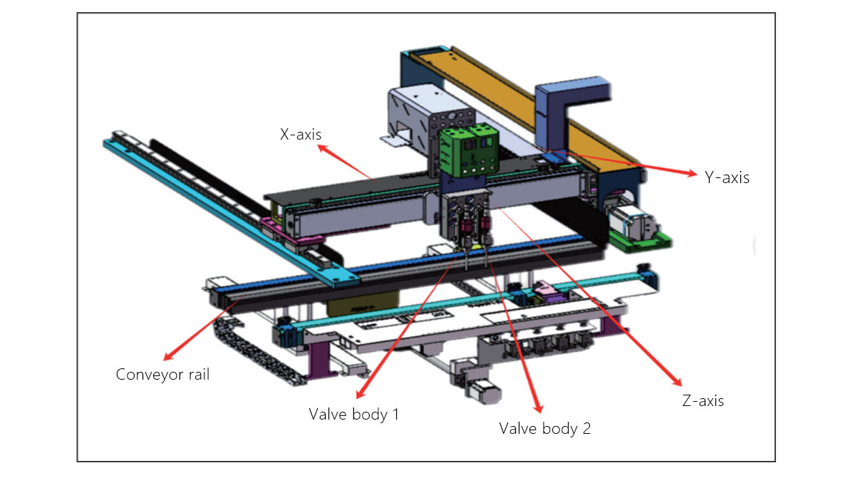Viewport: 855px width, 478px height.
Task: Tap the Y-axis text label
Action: pyautogui.click(x=727, y=178)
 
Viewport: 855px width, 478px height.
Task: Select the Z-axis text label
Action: pyautogui.click(x=702, y=401)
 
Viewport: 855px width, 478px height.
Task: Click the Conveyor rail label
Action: pyautogui.click(x=162, y=374)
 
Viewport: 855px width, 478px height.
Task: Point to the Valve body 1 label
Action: pyautogui.click(x=353, y=414)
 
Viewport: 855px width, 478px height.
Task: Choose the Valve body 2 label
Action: pyautogui.click(x=544, y=429)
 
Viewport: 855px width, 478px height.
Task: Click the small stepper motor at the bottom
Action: pyautogui.click(x=481, y=388)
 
